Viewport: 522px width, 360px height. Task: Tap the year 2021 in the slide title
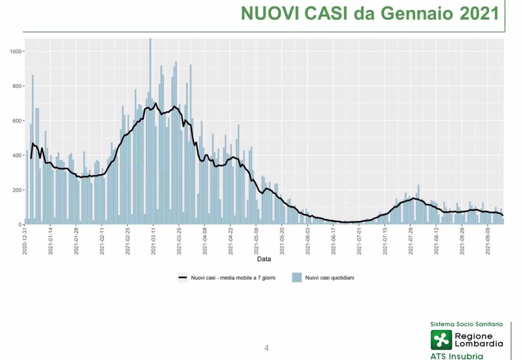pos(479,14)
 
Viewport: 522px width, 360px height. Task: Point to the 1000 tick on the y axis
pos(16,52)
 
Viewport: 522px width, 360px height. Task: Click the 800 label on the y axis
pos(17,86)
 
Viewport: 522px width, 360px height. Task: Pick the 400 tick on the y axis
pos(17,156)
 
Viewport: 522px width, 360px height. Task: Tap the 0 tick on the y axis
pos(20,225)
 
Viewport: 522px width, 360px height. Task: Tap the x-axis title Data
pos(264,259)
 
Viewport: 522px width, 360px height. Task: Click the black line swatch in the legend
pos(182,277)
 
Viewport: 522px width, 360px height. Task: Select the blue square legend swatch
pos(297,277)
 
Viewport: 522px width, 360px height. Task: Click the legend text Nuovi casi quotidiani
pos(329,277)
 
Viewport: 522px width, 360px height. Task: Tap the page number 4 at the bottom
pos(266,348)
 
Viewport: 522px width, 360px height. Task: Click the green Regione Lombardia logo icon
pos(441,340)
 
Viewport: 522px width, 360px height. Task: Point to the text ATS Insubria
pos(457,356)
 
